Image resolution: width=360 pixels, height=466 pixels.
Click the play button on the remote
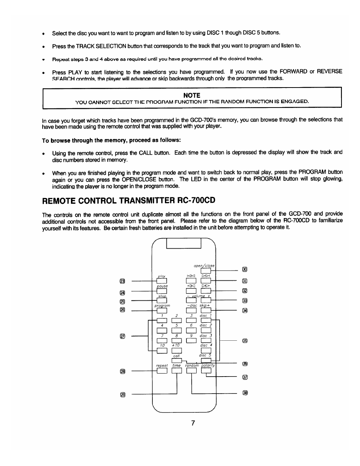162,281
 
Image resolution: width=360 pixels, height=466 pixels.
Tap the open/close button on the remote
206,271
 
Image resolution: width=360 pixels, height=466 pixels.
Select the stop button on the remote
162,301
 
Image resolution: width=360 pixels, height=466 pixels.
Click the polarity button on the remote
206,371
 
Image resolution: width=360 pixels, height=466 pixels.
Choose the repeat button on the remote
162,371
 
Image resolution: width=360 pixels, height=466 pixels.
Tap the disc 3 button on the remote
206,340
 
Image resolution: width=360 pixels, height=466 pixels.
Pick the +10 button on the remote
177,351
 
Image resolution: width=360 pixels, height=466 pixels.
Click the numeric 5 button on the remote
177,331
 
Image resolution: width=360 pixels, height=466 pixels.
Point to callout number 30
245,269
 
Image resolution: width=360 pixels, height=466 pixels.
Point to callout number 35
245,341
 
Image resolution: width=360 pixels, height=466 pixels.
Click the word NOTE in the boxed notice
192,95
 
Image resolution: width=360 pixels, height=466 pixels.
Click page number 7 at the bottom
192,423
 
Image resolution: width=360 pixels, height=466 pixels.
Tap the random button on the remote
192,371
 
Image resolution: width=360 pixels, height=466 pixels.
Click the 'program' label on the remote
163,306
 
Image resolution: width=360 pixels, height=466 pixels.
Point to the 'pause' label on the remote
162,286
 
